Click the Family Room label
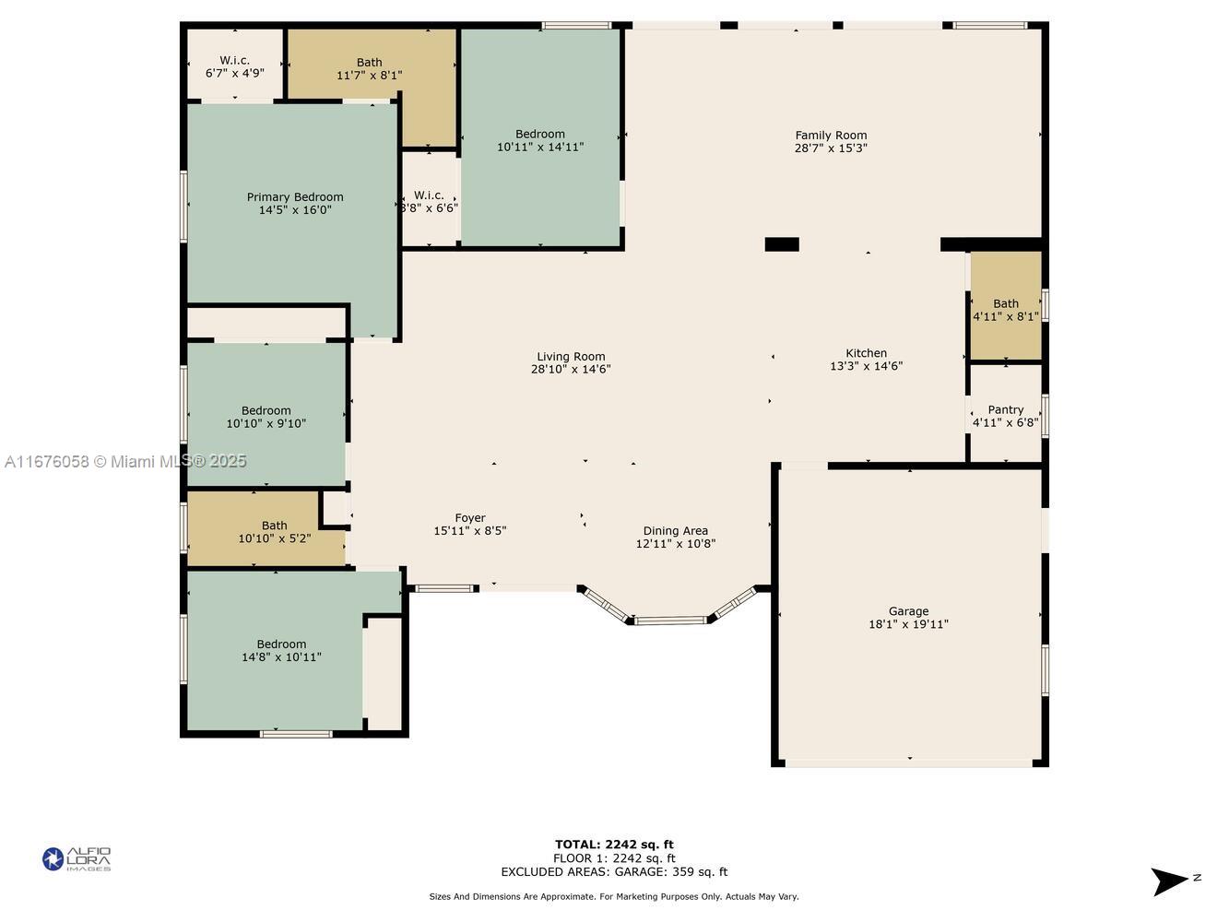click(831, 136)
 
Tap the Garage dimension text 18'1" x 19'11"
click(908, 624)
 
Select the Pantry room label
click(1005, 409)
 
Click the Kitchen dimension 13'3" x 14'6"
click(866, 366)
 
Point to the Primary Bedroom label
click(295, 196)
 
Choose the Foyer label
click(469, 518)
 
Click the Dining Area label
click(675, 530)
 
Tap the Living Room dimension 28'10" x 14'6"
click(571, 370)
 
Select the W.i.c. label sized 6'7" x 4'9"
click(234, 60)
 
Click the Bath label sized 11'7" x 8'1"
click(369, 63)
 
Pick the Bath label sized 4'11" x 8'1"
click(1005, 303)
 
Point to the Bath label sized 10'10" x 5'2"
click(274, 526)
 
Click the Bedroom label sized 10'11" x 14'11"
click(539, 134)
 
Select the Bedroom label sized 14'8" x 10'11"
click(281, 644)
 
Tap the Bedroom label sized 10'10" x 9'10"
click(266, 410)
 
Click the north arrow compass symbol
click(1171, 881)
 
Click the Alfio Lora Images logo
click(77, 859)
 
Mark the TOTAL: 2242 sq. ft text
click(614, 844)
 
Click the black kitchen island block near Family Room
click(782, 244)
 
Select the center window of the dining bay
click(670, 621)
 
